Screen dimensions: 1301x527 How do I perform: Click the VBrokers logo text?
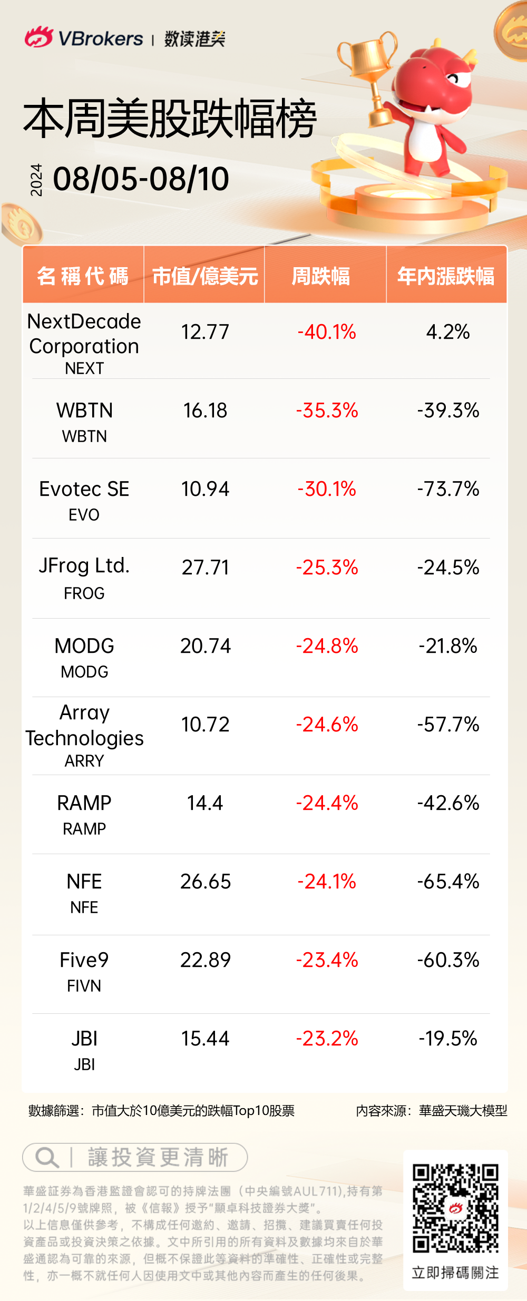[x=100, y=38]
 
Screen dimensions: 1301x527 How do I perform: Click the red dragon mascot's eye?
[x=455, y=79]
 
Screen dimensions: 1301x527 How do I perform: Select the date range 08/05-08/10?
[x=141, y=179]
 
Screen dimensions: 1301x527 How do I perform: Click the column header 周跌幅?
[x=321, y=276]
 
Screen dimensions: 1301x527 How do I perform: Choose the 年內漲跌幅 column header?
[x=446, y=276]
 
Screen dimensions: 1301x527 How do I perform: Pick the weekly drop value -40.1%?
[x=327, y=332]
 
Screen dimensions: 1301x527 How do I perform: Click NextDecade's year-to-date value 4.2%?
[x=448, y=332]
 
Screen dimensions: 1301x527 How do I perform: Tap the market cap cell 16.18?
[x=205, y=410]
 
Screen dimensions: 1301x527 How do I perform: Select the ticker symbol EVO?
[x=84, y=515]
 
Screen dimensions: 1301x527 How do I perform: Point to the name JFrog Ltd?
[x=84, y=565]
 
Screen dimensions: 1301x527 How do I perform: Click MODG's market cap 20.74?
[x=206, y=646]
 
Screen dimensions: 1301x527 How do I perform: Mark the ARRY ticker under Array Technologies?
[x=84, y=761]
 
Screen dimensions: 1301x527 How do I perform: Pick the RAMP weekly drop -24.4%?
[x=327, y=803]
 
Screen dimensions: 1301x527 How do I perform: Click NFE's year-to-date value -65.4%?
[x=448, y=882]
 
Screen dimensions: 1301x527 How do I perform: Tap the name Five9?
[x=84, y=960]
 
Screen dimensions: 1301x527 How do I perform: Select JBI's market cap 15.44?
[x=206, y=1039]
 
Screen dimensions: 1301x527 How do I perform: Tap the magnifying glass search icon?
[x=46, y=1157]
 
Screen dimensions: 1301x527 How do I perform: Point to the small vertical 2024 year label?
[x=36, y=180]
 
